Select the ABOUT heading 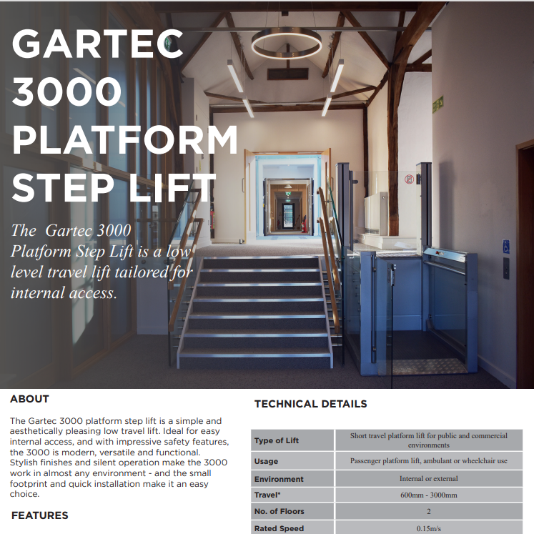pos(30,399)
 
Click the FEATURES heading pos(40,515)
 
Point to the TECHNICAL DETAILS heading pos(311,404)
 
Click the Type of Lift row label pos(277,440)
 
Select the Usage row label pos(267,462)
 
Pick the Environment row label pos(279,479)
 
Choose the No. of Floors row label pos(280,512)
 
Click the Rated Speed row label pos(279,528)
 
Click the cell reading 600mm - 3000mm pos(429,495)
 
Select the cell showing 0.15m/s pos(429,528)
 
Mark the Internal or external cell pos(429,478)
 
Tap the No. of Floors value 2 pos(429,512)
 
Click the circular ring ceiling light pos(286,44)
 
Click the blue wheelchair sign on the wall pos(506,247)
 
